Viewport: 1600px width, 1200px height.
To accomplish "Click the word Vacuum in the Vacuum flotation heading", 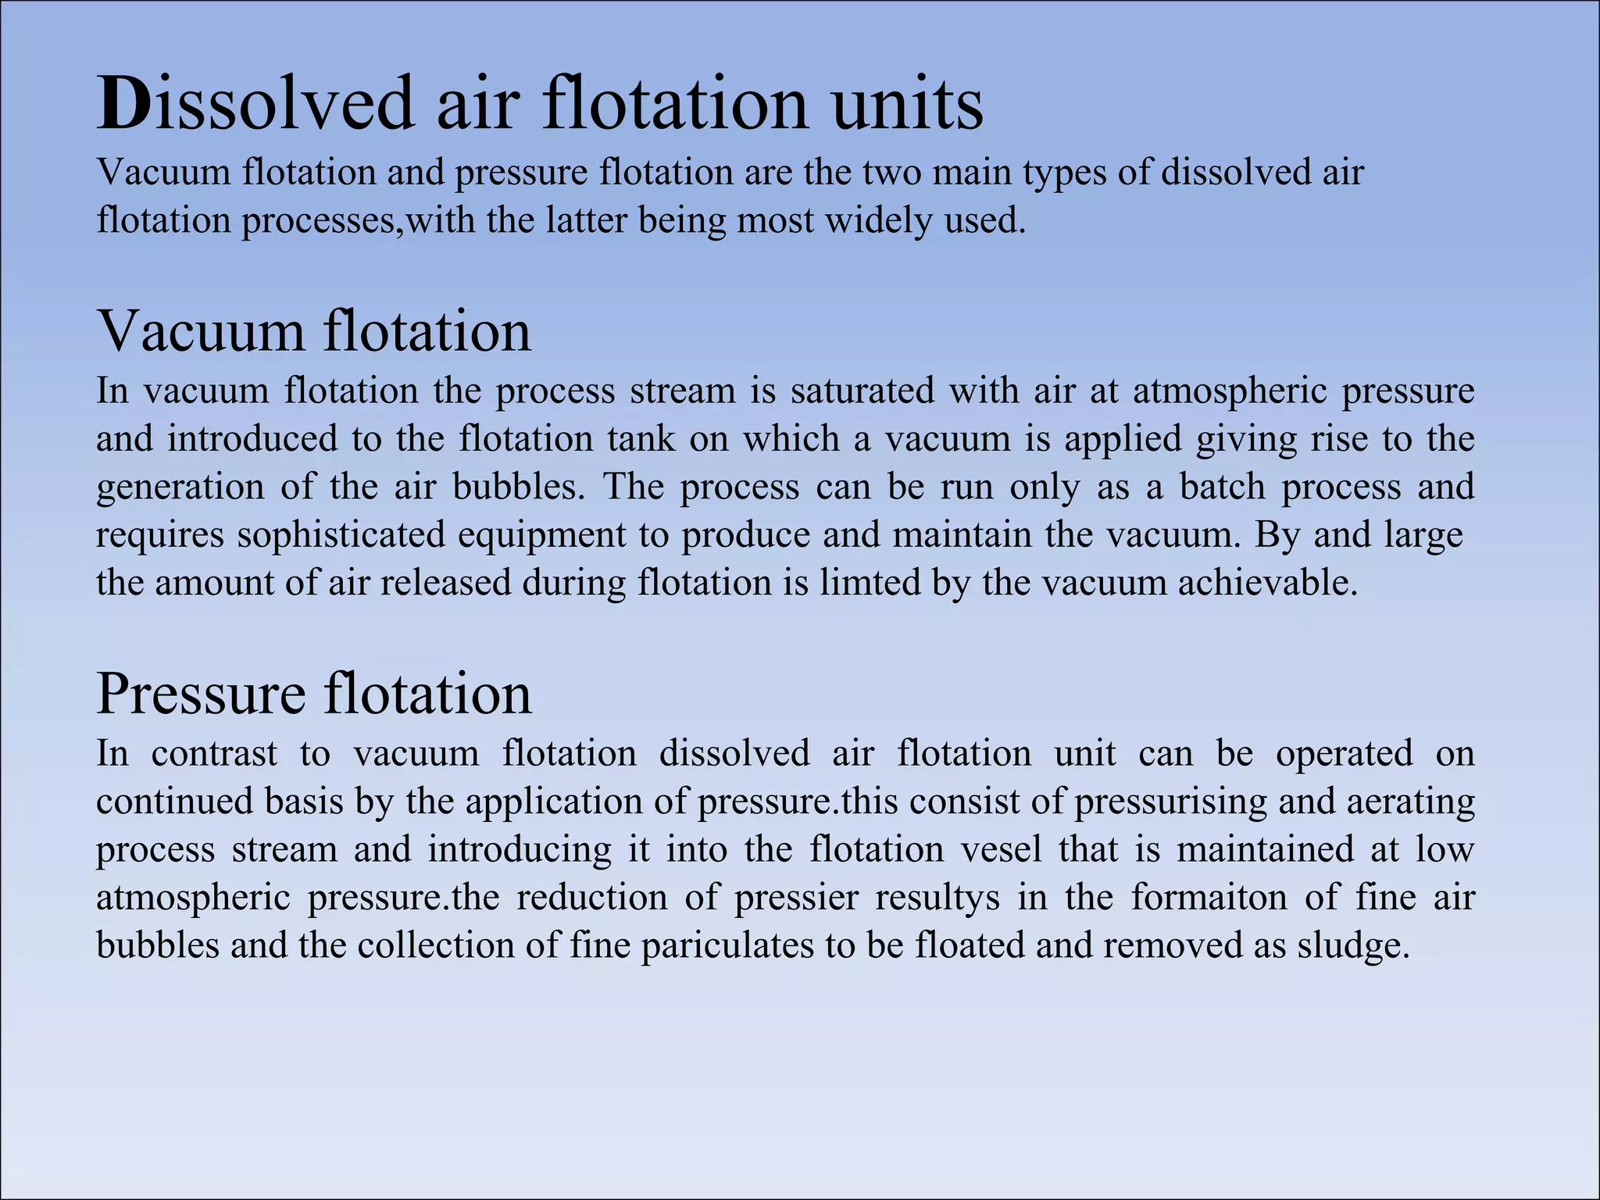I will pos(201,331).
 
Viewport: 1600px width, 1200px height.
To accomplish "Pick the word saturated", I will pos(862,391).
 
